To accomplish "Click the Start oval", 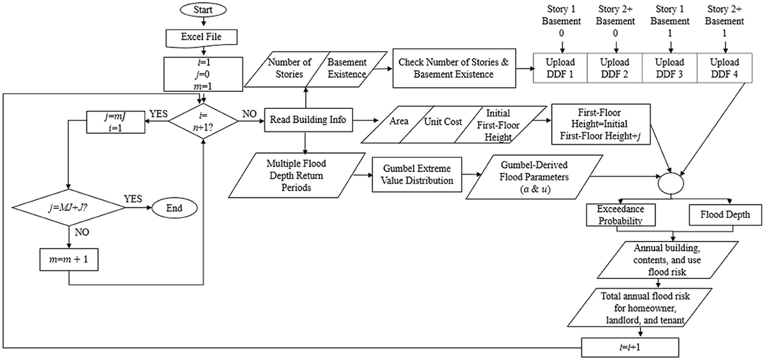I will coord(202,11).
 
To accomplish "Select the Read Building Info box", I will coord(307,120).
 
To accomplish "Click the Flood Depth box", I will coord(720,215).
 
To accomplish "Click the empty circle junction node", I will coord(670,180).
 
